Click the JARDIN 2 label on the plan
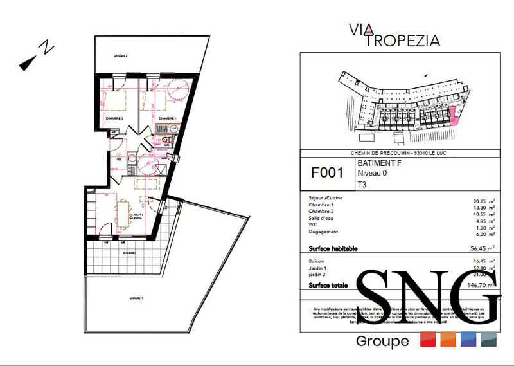point(118,57)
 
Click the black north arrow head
point(27,62)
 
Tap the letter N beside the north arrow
point(45,47)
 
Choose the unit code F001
point(327,173)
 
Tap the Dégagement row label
point(323,232)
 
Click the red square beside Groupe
point(428,339)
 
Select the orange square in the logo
point(448,339)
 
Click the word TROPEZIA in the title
point(403,41)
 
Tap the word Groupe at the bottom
point(382,341)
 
